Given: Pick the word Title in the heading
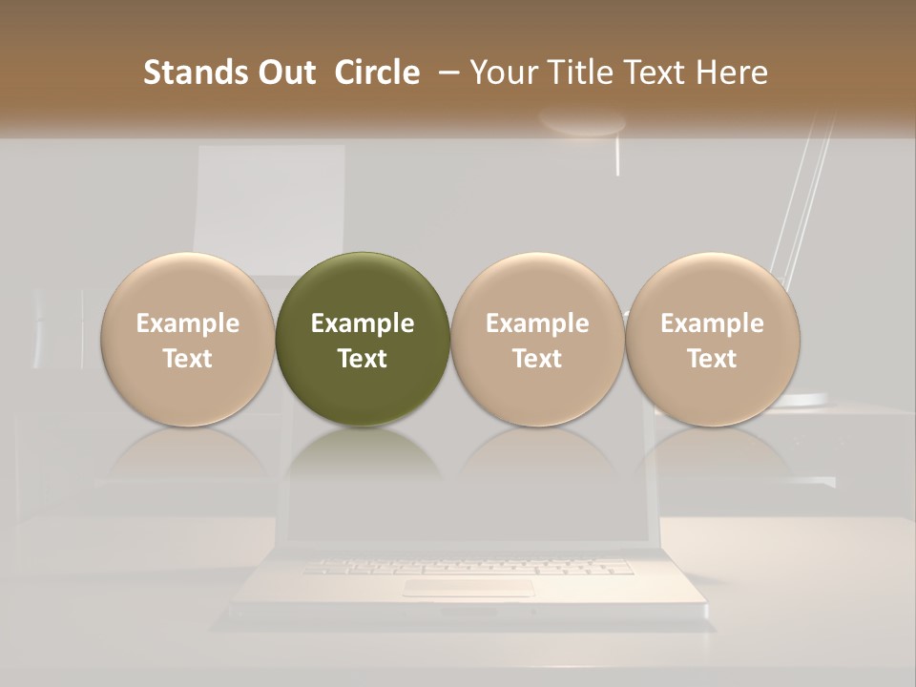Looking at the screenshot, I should [x=581, y=73].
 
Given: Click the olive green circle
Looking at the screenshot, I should [x=363, y=286].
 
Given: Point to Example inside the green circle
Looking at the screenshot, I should [x=363, y=323].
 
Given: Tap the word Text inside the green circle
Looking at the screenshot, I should [x=363, y=359].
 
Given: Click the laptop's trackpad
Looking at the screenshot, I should [x=468, y=587].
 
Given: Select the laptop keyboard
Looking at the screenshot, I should [x=468, y=567].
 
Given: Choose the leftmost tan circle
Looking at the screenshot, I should [x=188, y=339].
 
